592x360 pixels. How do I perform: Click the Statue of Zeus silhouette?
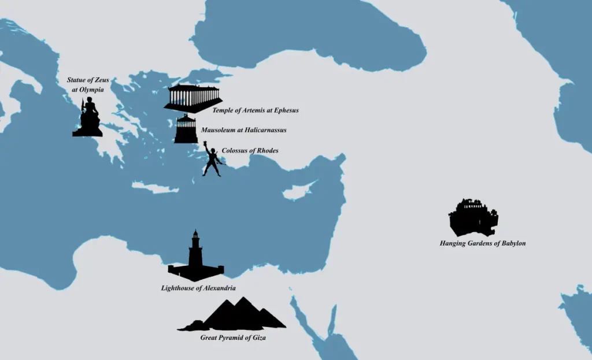pos(88,120)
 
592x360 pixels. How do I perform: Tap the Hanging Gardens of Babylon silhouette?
pos(473,218)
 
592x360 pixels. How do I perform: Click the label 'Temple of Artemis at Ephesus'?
pos(255,110)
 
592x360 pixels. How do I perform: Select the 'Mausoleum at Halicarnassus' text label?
pos(243,130)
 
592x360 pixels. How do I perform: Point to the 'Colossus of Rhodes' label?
pos(250,151)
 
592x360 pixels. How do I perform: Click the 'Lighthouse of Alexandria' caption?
pos(198,288)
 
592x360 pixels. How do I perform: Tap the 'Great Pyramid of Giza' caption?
pos(233,337)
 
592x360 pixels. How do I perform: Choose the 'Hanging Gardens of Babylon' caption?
pos(482,243)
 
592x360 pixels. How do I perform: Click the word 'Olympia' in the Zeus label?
pos(91,90)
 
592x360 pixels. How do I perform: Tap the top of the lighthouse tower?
pos(196,232)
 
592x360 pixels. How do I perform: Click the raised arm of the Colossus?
pos(206,147)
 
